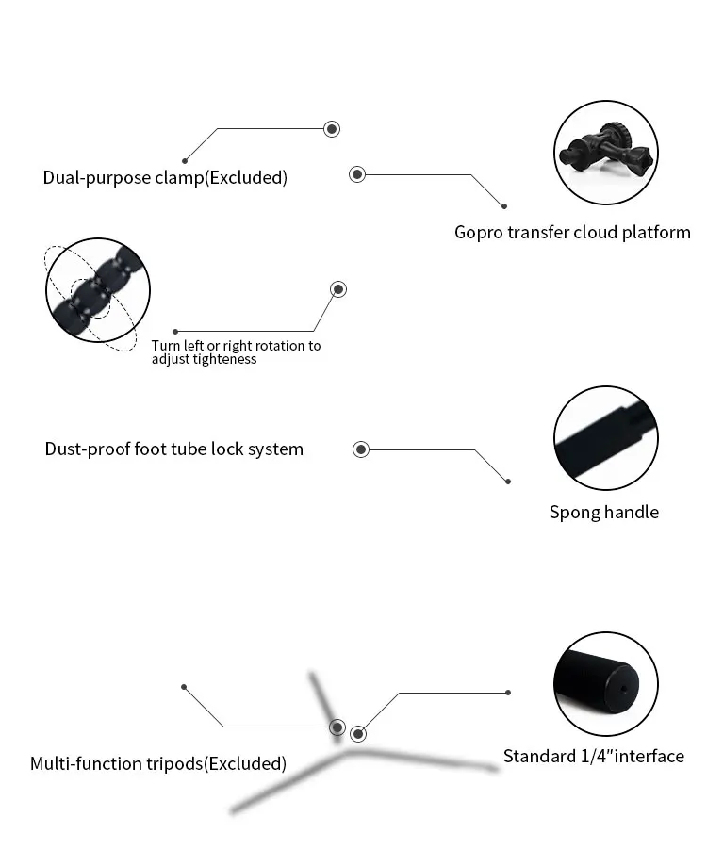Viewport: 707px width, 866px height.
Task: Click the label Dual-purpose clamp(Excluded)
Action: [165, 177]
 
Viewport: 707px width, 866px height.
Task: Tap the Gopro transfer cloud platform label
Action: [572, 233]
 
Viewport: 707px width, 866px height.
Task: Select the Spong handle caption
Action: [604, 513]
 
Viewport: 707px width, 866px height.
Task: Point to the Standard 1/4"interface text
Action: [593, 756]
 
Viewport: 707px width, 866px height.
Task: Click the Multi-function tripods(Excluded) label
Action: [157, 763]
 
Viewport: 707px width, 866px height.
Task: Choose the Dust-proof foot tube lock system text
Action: [174, 449]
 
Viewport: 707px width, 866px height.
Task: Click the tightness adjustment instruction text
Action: [236, 351]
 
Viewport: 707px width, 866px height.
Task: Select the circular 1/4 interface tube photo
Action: [604, 684]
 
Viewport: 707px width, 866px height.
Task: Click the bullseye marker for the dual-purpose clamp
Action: [331, 129]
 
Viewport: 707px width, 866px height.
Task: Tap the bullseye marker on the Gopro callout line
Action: [356, 174]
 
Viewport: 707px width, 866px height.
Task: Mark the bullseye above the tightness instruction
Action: [337, 289]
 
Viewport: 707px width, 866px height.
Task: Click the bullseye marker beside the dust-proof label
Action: [360, 449]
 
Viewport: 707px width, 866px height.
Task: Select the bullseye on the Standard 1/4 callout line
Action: [358, 734]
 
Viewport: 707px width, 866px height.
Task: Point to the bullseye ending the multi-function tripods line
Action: [337, 727]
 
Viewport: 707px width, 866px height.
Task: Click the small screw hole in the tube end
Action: [623, 686]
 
